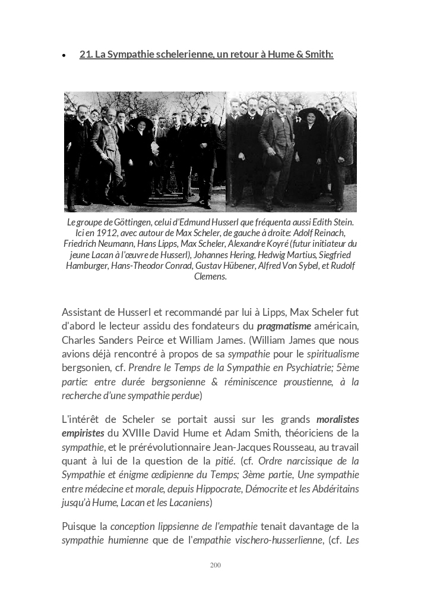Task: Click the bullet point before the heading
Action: [x=64, y=55]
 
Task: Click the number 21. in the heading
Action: [x=86, y=55]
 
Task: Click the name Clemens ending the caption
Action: [x=210, y=277]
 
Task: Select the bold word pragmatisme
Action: [x=284, y=326]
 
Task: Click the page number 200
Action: [x=216, y=565]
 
